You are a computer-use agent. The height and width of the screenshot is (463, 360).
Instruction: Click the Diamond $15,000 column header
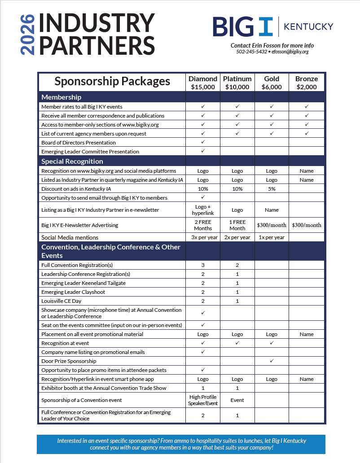pyautogui.click(x=203, y=83)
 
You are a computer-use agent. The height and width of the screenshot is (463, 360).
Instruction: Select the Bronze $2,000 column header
pyautogui.click(x=307, y=83)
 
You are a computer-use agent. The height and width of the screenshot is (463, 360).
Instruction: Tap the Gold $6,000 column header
pyautogui.click(x=272, y=83)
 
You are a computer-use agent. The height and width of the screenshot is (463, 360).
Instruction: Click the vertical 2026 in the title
pyautogui.click(x=27, y=35)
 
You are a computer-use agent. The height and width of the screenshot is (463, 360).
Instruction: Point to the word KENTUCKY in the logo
pyautogui.click(x=308, y=27)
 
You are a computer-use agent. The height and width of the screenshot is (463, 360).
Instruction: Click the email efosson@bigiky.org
pyautogui.click(x=290, y=52)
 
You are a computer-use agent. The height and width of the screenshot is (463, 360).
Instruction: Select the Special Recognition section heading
pyautogui.click(x=72, y=162)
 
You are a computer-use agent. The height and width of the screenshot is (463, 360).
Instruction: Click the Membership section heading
pyautogui.click(x=61, y=97)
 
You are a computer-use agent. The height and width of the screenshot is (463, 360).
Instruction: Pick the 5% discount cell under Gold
pyautogui.click(x=272, y=189)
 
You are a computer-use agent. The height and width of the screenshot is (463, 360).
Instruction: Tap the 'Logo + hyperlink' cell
pyautogui.click(x=203, y=210)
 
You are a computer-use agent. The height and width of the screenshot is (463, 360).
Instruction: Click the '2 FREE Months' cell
pyautogui.click(x=203, y=225)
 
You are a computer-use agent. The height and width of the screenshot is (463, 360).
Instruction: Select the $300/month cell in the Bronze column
pyautogui.click(x=307, y=225)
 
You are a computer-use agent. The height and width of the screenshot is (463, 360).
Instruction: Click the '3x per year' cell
pyautogui.click(x=203, y=237)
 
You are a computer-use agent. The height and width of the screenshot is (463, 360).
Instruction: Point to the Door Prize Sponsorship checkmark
pyautogui.click(x=272, y=361)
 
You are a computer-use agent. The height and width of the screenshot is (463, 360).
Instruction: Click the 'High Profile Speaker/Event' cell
pyautogui.click(x=203, y=400)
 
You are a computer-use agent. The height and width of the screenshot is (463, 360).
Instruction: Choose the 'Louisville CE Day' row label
pyautogui.click(x=61, y=301)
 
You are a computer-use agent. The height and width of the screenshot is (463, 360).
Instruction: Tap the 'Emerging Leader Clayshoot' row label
pyautogui.click(x=73, y=292)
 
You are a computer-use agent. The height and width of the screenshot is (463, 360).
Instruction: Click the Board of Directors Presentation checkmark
pyautogui.click(x=203, y=142)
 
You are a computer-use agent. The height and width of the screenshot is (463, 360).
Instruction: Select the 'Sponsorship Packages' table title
pyautogui.click(x=112, y=81)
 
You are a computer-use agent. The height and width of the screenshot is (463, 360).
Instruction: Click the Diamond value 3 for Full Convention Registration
pyautogui.click(x=203, y=265)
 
